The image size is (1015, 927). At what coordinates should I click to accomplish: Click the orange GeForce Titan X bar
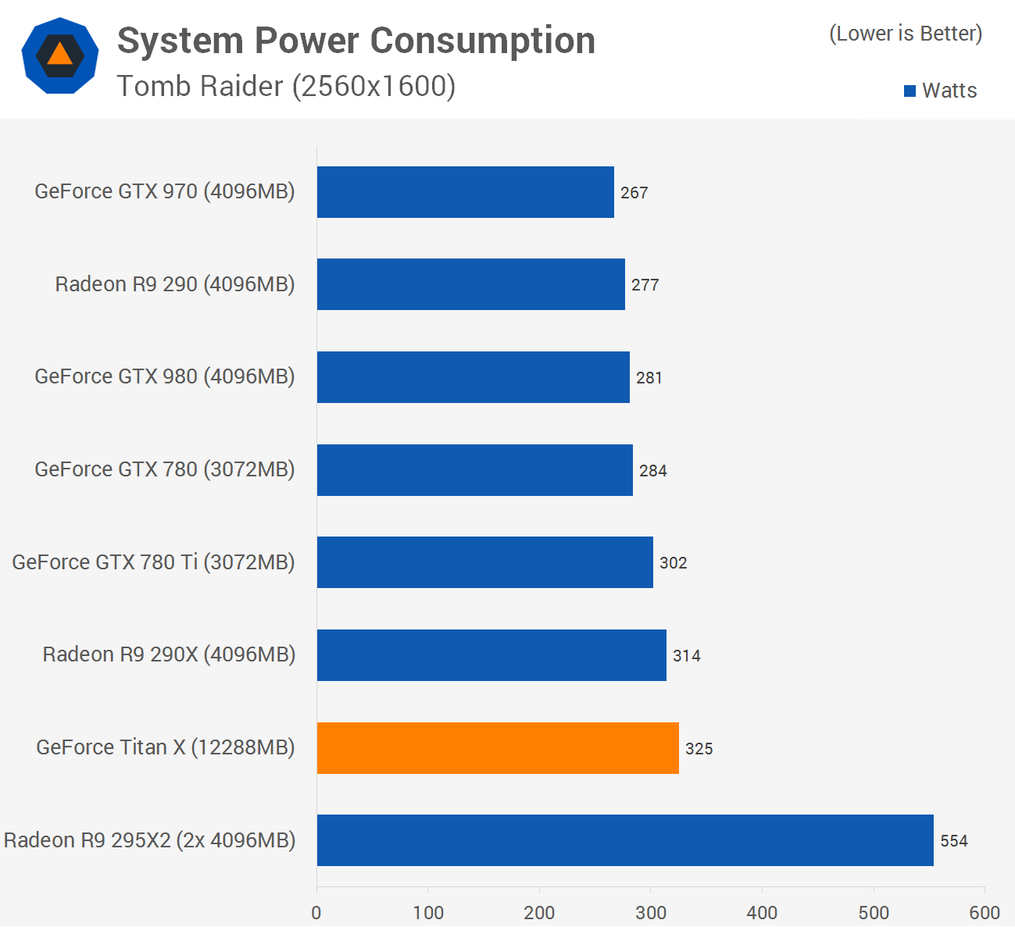pos(498,748)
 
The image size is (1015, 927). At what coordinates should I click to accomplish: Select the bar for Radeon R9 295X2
pos(625,840)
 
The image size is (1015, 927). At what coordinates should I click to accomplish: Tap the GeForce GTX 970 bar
pos(465,192)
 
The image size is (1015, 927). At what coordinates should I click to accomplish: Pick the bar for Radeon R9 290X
pos(491,655)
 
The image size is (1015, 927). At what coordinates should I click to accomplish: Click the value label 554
pos(954,841)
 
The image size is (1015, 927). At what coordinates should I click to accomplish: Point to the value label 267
pos(634,193)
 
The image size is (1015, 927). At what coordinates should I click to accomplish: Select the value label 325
pos(699,749)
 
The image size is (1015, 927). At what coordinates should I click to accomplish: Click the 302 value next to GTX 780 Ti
pos(674,563)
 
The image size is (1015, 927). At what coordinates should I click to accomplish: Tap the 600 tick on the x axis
pos(985,912)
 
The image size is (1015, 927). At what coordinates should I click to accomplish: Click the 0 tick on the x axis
pos(316,912)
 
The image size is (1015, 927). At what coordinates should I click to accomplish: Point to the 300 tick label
pos(651,912)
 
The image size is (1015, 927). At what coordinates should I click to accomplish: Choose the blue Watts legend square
pos(910,91)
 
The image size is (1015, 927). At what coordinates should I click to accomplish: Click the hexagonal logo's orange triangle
pos(59,54)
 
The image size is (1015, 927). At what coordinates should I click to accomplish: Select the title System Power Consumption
pos(356,41)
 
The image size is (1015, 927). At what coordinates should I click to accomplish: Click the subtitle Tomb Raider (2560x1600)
pos(286,86)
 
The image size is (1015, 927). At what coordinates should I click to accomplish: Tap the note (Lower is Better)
pos(906,34)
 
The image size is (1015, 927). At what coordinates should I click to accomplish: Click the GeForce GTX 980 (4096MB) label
pos(165,376)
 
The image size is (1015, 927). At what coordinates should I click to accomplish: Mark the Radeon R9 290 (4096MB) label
pos(175,284)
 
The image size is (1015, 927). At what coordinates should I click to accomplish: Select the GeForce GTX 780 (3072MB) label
pos(165,469)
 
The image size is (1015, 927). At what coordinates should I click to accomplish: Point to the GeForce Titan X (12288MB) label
pos(166,747)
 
